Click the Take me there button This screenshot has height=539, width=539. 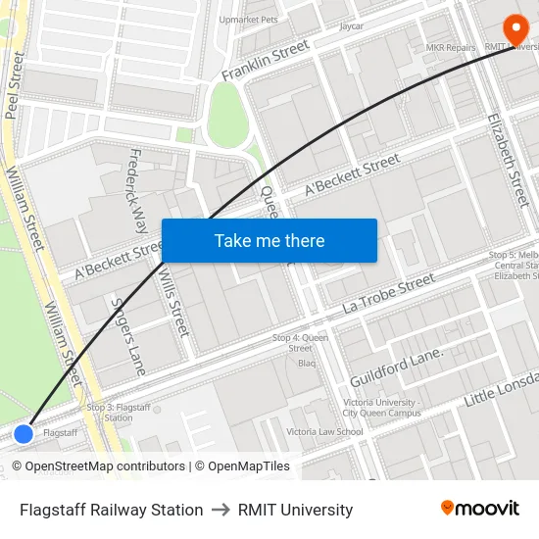coord(269,241)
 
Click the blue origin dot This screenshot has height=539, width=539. coord(24,433)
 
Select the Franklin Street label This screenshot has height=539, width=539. coord(266,61)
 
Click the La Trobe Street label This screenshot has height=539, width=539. coord(389,293)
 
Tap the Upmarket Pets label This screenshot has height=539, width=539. coord(249,19)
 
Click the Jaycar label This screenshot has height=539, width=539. coord(351,26)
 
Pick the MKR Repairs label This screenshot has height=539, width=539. coord(451,47)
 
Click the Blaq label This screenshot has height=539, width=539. coord(307,364)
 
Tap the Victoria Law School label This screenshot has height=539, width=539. coord(324,431)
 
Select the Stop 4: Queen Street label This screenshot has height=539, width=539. coord(300,343)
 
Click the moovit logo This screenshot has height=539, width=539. coord(479,508)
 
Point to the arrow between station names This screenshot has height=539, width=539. coord(220,510)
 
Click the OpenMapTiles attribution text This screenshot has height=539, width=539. coord(242,466)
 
